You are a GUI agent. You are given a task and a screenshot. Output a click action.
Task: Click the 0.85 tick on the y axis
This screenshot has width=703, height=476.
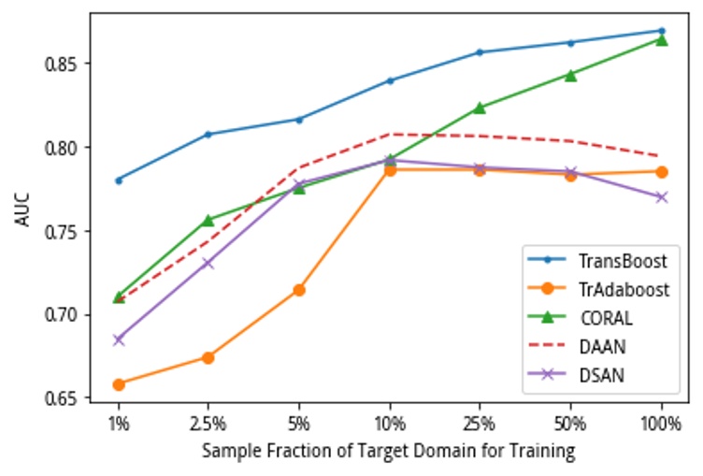click(x=65, y=64)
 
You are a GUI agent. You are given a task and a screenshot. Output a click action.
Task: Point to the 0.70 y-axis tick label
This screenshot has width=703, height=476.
click(x=65, y=314)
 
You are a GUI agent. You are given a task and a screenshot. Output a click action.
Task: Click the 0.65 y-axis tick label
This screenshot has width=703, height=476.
click(x=65, y=398)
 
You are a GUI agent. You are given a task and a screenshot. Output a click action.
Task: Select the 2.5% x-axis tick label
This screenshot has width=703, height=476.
click(x=208, y=423)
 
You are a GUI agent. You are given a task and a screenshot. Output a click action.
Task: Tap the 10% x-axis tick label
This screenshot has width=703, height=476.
click(x=390, y=423)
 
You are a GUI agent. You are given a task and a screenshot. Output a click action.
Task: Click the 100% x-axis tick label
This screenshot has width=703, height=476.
click(x=661, y=423)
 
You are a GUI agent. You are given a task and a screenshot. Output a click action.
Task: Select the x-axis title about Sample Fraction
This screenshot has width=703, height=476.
click(x=388, y=451)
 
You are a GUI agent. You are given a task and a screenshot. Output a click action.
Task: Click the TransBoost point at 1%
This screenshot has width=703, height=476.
click(x=119, y=180)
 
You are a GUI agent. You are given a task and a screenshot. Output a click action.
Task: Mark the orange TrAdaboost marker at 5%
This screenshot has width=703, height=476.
click(x=299, y=290)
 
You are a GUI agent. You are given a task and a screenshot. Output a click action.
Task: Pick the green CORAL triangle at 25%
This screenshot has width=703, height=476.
click(x=480, y=108)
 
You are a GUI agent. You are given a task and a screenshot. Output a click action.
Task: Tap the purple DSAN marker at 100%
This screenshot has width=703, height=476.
click(x=661, y=196)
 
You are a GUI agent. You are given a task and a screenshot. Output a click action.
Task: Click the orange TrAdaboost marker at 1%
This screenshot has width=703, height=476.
click(x=119, y=384)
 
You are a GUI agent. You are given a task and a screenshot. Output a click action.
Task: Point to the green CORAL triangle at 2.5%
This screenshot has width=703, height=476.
click(x=208, y=220)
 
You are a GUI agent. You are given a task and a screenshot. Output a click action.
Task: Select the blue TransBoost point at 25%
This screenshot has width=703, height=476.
click(x=480, y=52)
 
